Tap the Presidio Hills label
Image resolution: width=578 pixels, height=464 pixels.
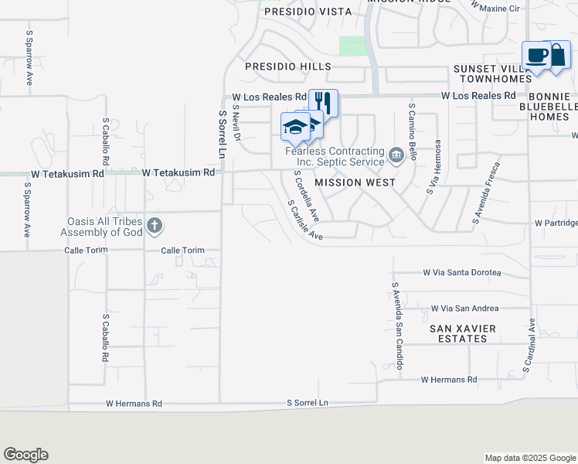(x=288, y=67)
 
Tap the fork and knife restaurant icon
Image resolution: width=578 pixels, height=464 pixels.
(x=324, y=101)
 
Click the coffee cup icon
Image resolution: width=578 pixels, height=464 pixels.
(x=537, y=55)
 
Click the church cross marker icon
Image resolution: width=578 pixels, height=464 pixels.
(x=155, y=226)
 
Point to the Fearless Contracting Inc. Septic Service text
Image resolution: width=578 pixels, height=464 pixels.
(x=335, y=156)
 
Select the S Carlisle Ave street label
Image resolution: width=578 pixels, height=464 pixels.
(x=304, y=221)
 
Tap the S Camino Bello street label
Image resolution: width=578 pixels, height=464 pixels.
(x=413, y=131)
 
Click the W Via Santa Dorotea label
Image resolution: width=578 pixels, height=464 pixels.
(x=461, y=273)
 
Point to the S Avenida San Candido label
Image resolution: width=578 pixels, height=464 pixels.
(x=396, y=325)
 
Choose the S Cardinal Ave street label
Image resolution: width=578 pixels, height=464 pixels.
(x=529, y=345)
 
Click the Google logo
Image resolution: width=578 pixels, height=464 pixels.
(x=25, y=455)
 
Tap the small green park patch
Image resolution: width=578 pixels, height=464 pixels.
(x=352, y=46)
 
